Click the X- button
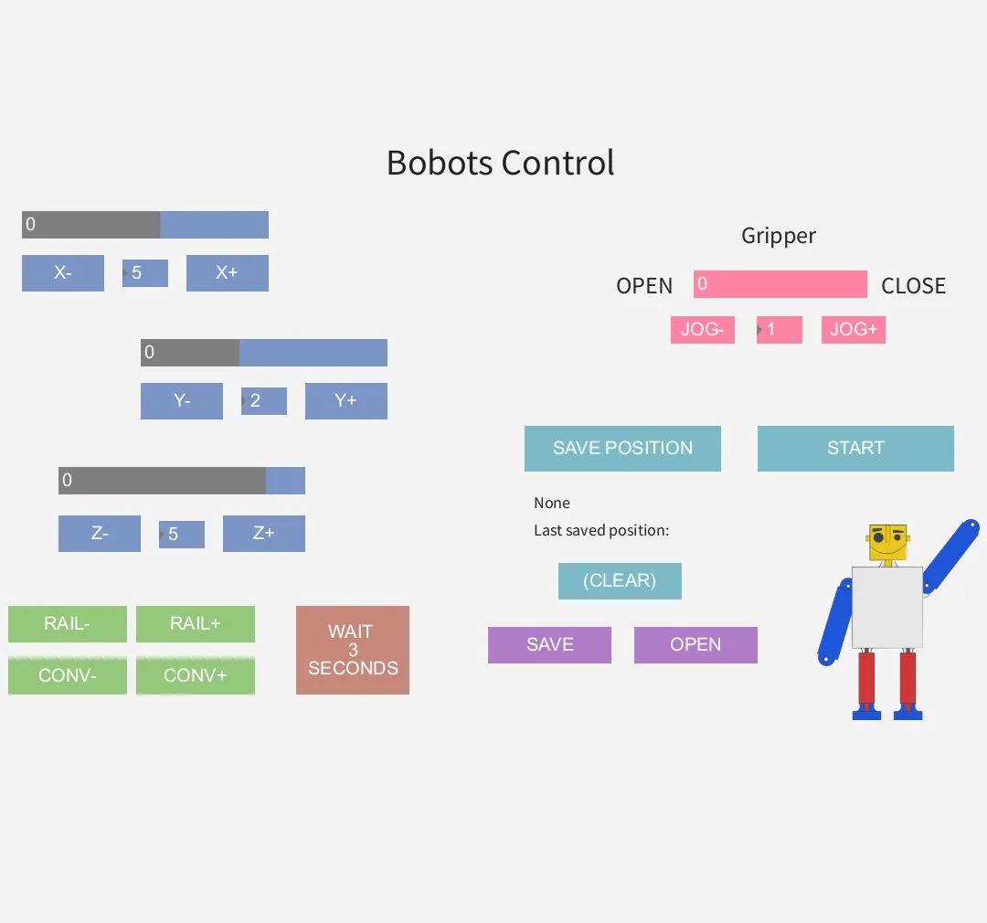[63, 273]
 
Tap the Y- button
[182, 401]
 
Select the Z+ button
[264, 534]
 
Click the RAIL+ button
[196, 624]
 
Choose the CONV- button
[68, 676]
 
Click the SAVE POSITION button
[622, 449]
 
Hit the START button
[855, 449]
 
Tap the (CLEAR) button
[620, 581]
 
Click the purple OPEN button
[695, 645]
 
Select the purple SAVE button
[549, 645]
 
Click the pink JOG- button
[703, 330]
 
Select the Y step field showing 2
[264, 401]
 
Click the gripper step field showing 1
[780, 330]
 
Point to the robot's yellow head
[887, 543]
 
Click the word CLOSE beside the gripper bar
[913, 286]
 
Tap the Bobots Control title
[500, 164]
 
